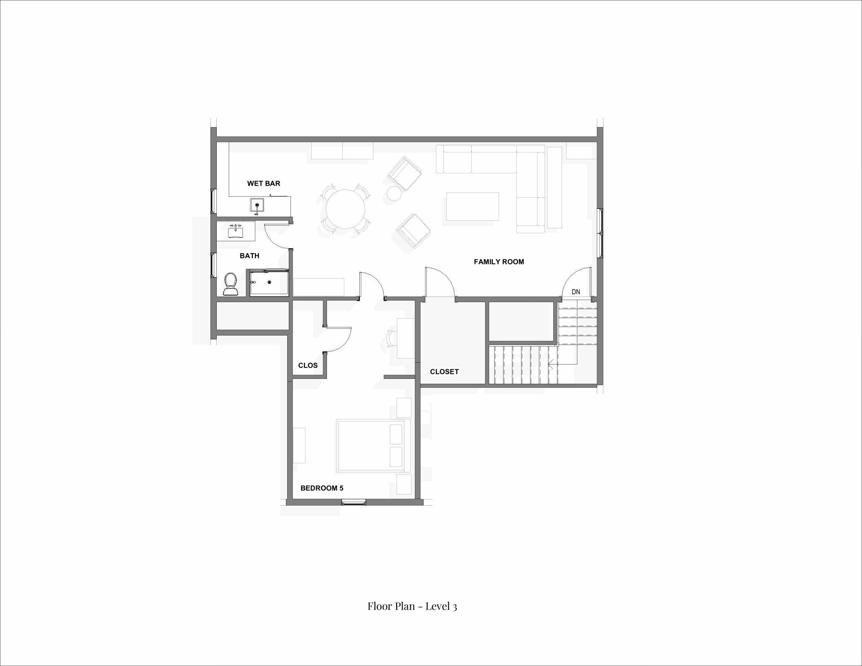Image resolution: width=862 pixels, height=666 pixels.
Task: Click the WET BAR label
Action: pos(264,183)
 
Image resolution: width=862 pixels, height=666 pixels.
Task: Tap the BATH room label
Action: pos(249,256)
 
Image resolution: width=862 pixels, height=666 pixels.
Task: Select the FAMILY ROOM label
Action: pos(499,262)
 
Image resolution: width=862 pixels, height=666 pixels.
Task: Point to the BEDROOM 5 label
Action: pos(322,488)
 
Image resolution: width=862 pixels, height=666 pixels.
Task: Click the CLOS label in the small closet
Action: pos(308,365)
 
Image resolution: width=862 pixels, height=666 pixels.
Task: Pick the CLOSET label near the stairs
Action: pos(444,371)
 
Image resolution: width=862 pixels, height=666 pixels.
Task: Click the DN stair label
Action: pos(576,292)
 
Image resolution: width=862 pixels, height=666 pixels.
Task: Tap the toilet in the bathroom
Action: pos(231,284)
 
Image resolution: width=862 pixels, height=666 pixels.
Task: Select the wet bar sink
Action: pos(257,205)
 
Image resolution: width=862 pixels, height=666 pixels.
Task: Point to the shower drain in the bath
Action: pos(269,282)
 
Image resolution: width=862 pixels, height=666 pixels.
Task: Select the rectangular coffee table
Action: pos(472,206)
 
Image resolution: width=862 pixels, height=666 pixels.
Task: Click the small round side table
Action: pos(394,194)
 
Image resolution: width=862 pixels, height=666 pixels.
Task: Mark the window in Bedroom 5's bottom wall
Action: pos(354,503)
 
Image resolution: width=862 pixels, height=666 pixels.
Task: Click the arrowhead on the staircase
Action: pos(550,365)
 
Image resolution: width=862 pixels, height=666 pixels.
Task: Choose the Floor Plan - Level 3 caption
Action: pos(412,606)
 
